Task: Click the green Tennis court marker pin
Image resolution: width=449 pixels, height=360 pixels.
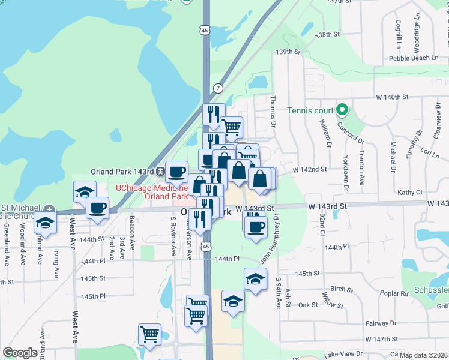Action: [342, 110]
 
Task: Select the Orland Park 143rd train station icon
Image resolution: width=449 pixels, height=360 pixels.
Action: [160, 171]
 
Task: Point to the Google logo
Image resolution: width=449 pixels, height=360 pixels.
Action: [20, 353]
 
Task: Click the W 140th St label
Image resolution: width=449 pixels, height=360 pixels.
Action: [392, 97]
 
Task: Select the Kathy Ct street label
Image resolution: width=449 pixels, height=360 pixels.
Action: [410, 193]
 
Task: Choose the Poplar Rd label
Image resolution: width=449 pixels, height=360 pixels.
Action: [394, 293]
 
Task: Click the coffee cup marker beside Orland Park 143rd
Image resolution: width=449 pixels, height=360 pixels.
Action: [176, 173]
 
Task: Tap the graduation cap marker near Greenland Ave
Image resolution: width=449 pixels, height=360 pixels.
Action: [45, 223]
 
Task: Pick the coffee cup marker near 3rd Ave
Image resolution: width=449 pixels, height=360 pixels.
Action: [97, 209]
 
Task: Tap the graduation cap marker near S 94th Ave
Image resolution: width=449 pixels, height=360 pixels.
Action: [255, 280]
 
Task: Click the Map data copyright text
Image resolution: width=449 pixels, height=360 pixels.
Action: [424, 355]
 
